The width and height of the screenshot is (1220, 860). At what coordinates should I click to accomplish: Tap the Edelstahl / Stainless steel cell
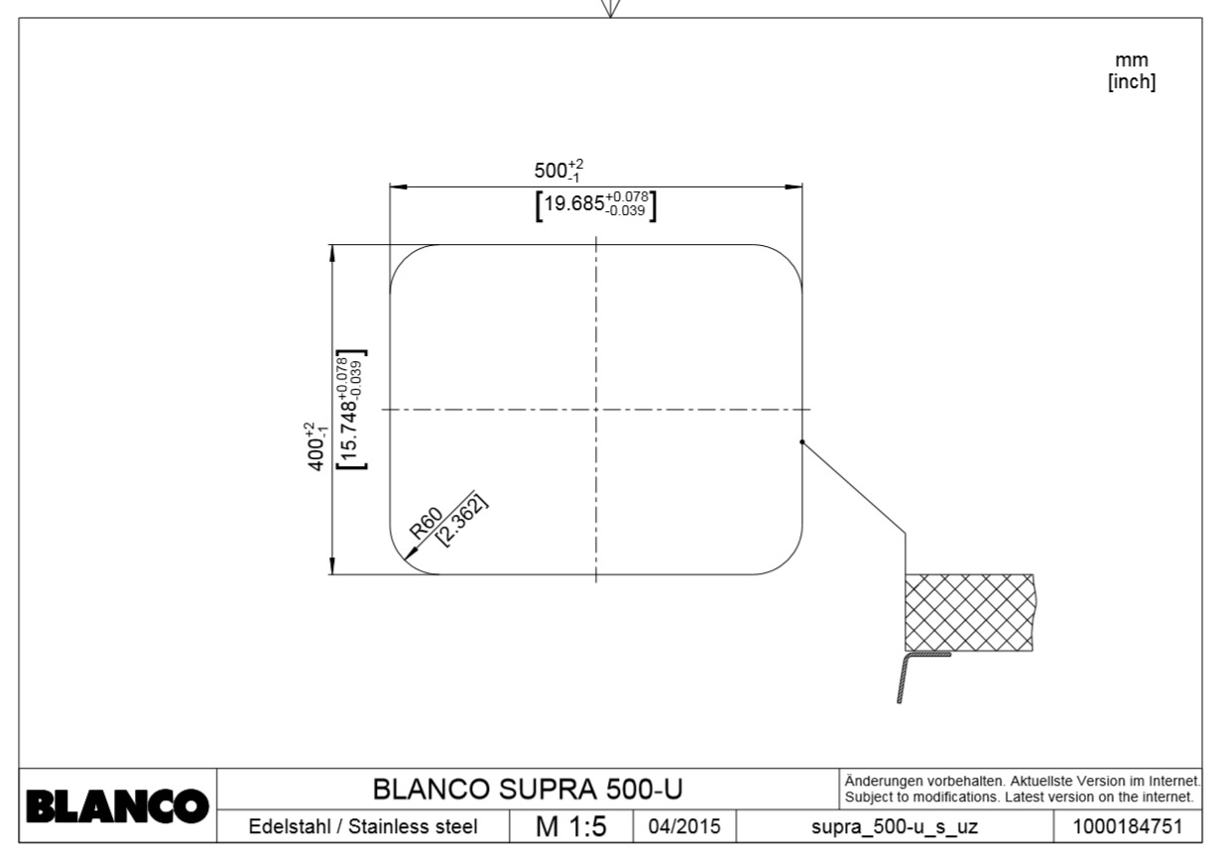(362, 826)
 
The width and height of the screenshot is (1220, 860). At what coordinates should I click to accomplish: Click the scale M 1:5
(570, 826)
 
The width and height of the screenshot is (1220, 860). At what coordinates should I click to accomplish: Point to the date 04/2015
(683, 826)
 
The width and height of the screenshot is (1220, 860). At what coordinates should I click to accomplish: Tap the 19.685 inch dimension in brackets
(596, 205)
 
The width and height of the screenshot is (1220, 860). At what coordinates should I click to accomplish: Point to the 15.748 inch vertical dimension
(350, 409)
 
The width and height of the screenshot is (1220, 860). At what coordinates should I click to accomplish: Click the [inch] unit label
(1131, 82)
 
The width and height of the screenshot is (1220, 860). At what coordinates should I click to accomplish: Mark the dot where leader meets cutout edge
(801, 442)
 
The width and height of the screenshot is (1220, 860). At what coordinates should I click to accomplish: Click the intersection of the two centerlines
(595, 409)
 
